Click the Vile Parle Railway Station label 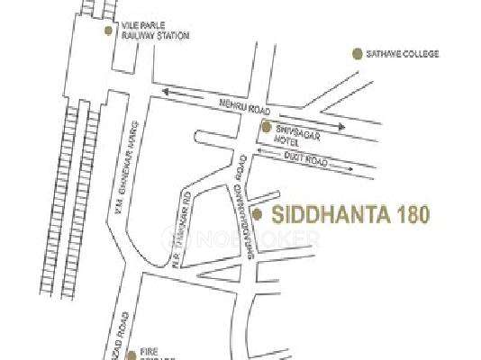[153, 31]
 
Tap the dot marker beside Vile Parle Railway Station [109, 30]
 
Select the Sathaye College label [403, 54]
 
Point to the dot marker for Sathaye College [356, 54]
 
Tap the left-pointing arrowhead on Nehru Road [166, 89]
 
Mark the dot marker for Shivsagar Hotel [266, 127]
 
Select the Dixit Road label [304, 157]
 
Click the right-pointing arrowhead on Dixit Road [352, 168]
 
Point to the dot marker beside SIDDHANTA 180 [258, 214]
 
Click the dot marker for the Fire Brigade [131, 352]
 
